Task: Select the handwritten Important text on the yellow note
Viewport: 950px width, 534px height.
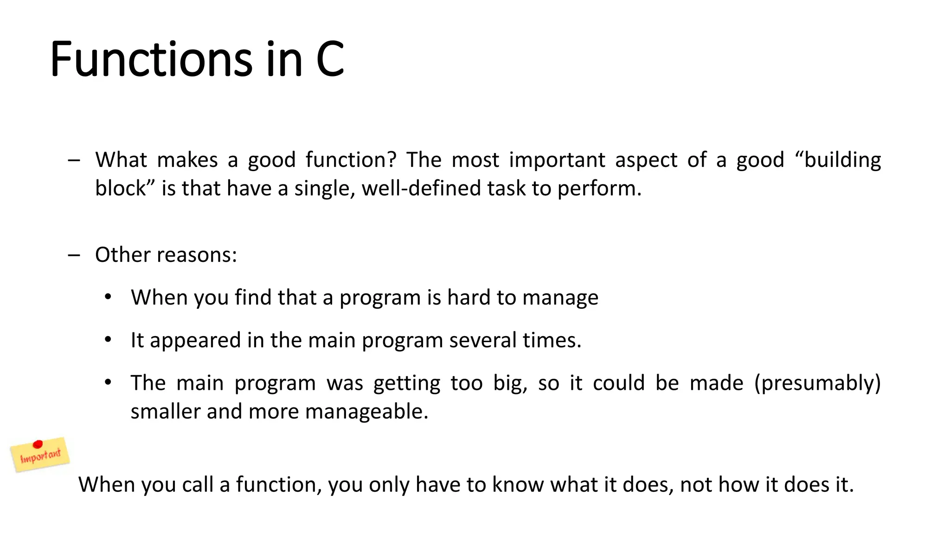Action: click(x=40, y=456)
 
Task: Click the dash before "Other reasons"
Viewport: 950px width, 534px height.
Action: click(x=74, y=255)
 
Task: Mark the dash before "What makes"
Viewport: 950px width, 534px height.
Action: click(x=74, y=160)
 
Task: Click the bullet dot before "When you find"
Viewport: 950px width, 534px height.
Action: click(x=108, y=297)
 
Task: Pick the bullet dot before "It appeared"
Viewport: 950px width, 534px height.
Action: click(x=108, y=340)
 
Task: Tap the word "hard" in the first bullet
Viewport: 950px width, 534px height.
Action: click(x=469, y=298)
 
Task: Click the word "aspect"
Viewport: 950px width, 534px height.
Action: click(x=646, y=160)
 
